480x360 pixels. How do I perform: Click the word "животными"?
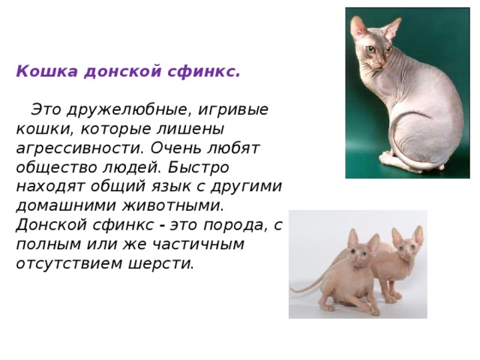(169, 205)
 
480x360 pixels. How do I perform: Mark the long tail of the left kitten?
(307, 285)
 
